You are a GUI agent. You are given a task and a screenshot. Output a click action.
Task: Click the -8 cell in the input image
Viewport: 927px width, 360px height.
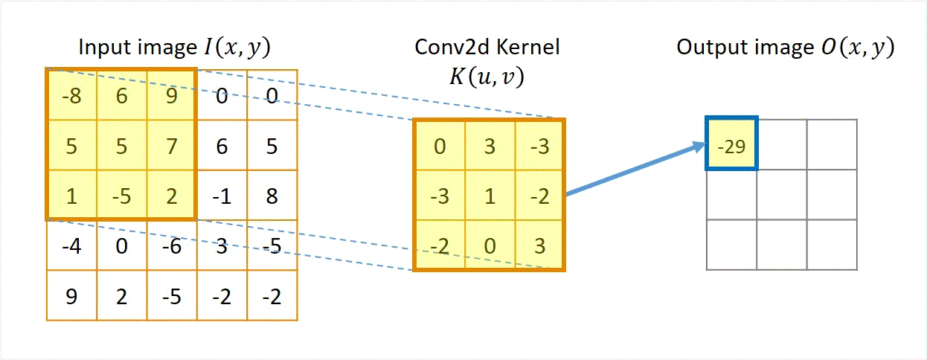click(72, 96)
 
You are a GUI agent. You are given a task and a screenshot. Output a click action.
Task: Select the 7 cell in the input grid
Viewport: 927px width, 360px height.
click(171, 146)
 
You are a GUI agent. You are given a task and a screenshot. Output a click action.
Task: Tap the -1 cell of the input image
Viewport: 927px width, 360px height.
click(222, 196)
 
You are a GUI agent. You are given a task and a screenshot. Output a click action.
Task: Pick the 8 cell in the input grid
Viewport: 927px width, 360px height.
click(272, 196)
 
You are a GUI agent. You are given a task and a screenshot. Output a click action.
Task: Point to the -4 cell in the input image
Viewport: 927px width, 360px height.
click(71, 245)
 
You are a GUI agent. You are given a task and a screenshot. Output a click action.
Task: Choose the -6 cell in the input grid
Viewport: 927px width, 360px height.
click(172, 245)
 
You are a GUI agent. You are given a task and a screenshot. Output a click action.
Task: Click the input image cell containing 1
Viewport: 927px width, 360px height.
click(72, 196)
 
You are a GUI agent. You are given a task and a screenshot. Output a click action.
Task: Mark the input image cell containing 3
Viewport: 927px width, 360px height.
click(222, 245)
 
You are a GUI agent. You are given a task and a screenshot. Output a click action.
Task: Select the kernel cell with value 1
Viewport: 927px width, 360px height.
click(490, 196)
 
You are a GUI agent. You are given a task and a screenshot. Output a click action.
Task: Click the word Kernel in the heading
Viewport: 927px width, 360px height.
click(527, 47)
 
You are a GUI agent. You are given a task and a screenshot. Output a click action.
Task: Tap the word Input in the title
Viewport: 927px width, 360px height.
click(106, 48)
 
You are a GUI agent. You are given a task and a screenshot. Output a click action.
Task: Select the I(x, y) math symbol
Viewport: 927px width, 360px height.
click(237, 48)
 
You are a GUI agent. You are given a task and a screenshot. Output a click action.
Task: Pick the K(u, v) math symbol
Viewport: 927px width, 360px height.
click(487, 77)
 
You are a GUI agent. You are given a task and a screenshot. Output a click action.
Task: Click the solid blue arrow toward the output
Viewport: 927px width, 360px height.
click(636, 168)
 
